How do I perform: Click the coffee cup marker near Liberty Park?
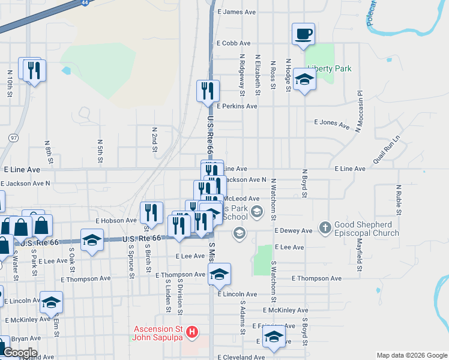point(303,34)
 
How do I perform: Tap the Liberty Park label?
point(329,69)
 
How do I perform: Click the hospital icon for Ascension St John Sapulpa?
point(191,331)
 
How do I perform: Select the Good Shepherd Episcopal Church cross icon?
point(324,227)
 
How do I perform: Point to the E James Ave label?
point(237,12)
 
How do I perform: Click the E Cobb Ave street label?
point(234,43)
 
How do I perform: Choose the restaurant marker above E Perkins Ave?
point(208,91)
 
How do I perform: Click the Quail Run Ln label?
point(386,150)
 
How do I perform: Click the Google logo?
point(19,353)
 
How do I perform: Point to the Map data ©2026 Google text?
point(411,355)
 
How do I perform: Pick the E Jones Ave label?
point(332,124)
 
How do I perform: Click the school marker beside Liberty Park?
point(305,82)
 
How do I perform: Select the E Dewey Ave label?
point(294,230)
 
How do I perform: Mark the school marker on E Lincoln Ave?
point(219,275)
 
